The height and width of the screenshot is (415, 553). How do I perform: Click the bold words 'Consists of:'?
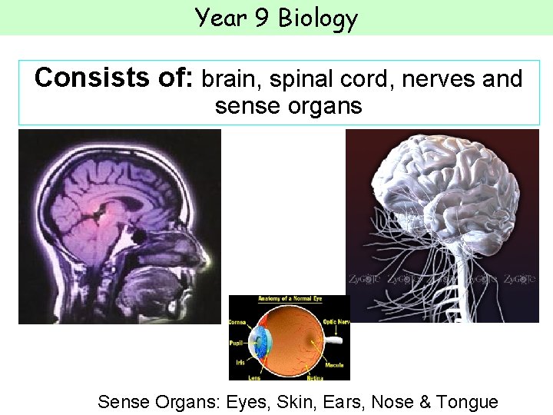[115, 78]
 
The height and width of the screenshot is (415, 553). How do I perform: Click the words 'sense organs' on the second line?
[288, 105]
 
